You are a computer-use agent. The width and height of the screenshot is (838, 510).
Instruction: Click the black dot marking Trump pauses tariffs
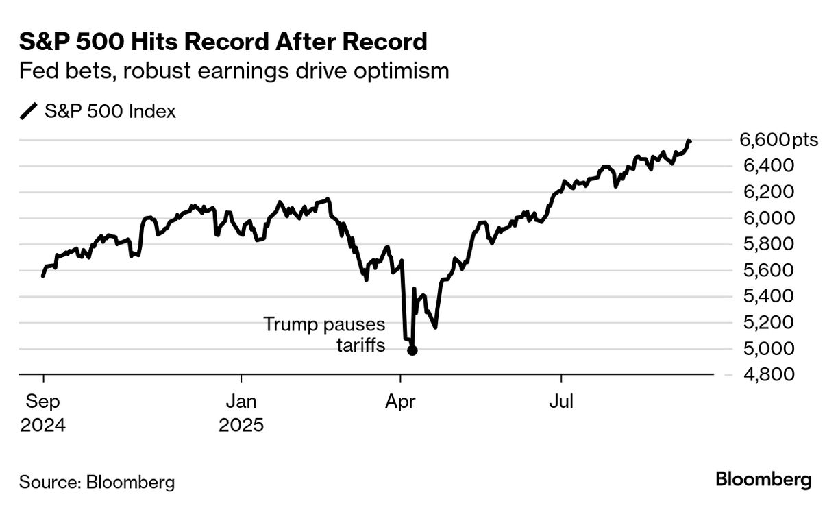[x=412, y=350]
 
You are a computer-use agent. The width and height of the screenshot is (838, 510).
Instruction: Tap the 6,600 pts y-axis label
[x=779, y=141]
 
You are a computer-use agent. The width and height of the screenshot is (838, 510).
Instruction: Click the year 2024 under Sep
[x=42, y=426]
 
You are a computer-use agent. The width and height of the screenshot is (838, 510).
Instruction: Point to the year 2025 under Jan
[x=241, y=426]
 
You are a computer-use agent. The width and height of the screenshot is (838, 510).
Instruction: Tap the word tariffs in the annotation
[x=360, y=345]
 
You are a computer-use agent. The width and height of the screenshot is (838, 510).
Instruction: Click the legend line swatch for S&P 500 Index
[x=29, y=111]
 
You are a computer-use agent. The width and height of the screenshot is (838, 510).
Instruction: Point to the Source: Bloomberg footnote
[x=97, y=482]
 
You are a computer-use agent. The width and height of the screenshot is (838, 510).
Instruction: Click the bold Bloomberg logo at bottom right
[x=763, y=480]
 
